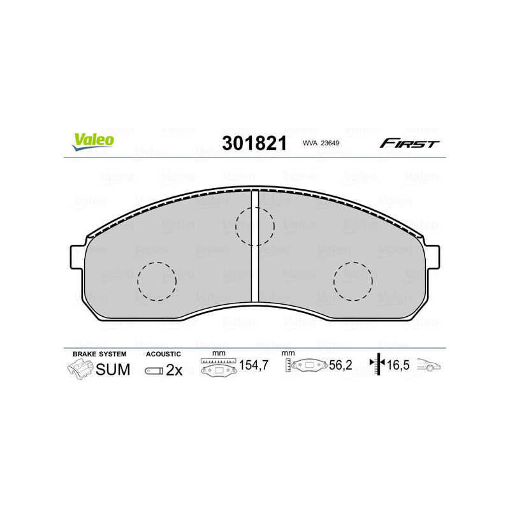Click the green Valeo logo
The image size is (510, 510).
point(93,142)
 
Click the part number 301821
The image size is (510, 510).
point(254,143)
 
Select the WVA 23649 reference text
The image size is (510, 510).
point(321,144)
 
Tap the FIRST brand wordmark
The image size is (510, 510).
point(409,143)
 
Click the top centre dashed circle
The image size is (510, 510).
point(254,225)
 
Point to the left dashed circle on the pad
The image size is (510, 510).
point(156,280)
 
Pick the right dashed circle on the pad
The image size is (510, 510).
point(354,280)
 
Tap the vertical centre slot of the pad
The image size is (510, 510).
point(254,245)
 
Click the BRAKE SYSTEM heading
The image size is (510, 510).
point(99,354)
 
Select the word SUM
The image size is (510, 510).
point(113,370)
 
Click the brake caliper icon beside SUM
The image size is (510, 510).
point(79,370)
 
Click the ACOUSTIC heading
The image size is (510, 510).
point(164,354)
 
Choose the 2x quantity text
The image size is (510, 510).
point(174,370)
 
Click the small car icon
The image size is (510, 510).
point(429,367)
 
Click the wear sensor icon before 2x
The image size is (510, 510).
point(154,370)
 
